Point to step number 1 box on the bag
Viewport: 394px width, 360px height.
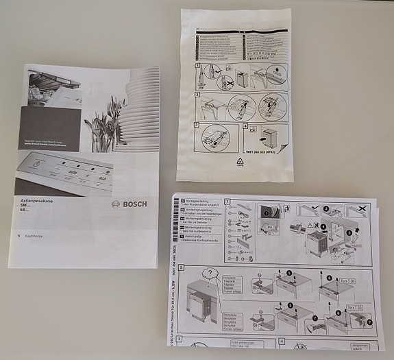point(197,67)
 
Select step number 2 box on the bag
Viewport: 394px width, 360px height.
point(197,95)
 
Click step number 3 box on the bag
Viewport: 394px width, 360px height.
point(197,126)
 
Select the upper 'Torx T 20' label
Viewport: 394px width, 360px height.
point(347,281)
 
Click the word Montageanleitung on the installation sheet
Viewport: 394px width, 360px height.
point(202,202)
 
